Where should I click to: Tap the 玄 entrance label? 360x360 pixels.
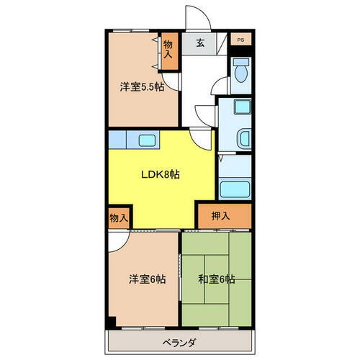[199, 42]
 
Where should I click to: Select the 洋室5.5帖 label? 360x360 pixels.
[141, 87]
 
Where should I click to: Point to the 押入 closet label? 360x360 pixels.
[221, 215]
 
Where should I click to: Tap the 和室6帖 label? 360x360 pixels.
[215, 279]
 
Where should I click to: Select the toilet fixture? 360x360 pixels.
[240, 72]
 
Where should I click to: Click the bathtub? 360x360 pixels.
[234, 189]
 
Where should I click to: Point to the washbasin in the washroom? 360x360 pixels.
[243, 136]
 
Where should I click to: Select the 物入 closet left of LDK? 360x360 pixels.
[119, 217]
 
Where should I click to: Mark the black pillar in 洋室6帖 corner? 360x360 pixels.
[110, 320]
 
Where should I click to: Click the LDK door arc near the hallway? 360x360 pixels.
[202, 137]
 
